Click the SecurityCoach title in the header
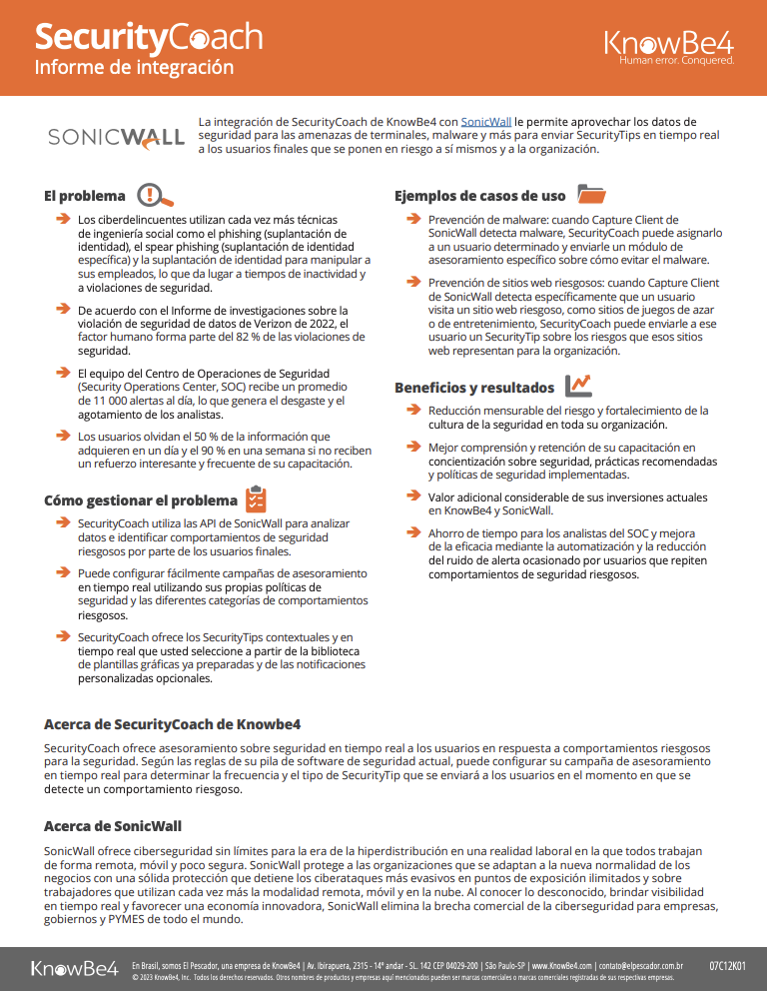(x=148, y=38)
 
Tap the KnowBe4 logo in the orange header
(x=669, y=43)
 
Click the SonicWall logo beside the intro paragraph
(x=116, y=136)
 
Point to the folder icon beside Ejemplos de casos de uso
(x=592, y=195)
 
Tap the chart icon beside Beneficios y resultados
(x=577, y=386)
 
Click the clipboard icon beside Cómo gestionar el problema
(x=256, y=499)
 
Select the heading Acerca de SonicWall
(x=113, y=826)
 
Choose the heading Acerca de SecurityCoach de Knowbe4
(x=173, y=723)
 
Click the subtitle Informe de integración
(x=134, y=68)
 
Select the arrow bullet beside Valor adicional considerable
(x=413, y=495)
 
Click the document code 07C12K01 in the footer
(x=727, y=966)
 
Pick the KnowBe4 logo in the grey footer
(x=75, y=968)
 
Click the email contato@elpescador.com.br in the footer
(x=640, y=966)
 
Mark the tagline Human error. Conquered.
(x=676, y=60)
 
